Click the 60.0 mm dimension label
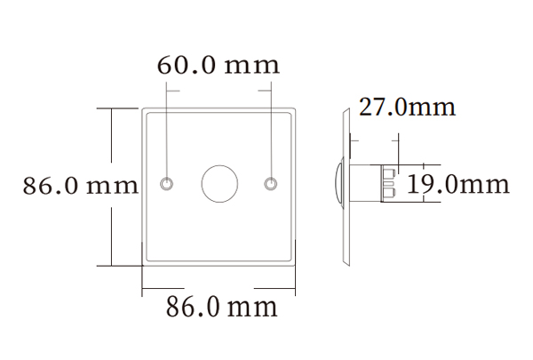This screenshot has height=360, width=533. [x=219, y=65]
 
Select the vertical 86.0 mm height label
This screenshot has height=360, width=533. [x=81, y=186]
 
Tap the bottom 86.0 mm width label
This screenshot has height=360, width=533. [x=222, y=308]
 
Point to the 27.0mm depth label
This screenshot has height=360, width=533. [x=407, y=108]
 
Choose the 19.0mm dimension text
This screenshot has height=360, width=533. [x=458, y=185]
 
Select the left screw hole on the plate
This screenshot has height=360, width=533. [x=167, y=184]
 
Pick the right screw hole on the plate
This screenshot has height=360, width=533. [x=272, y=184]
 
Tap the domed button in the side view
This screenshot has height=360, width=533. [x=338, y=184]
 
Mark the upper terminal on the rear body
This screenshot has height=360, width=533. [x=389, y=172]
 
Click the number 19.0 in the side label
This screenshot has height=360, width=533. [x=433, y=185]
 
